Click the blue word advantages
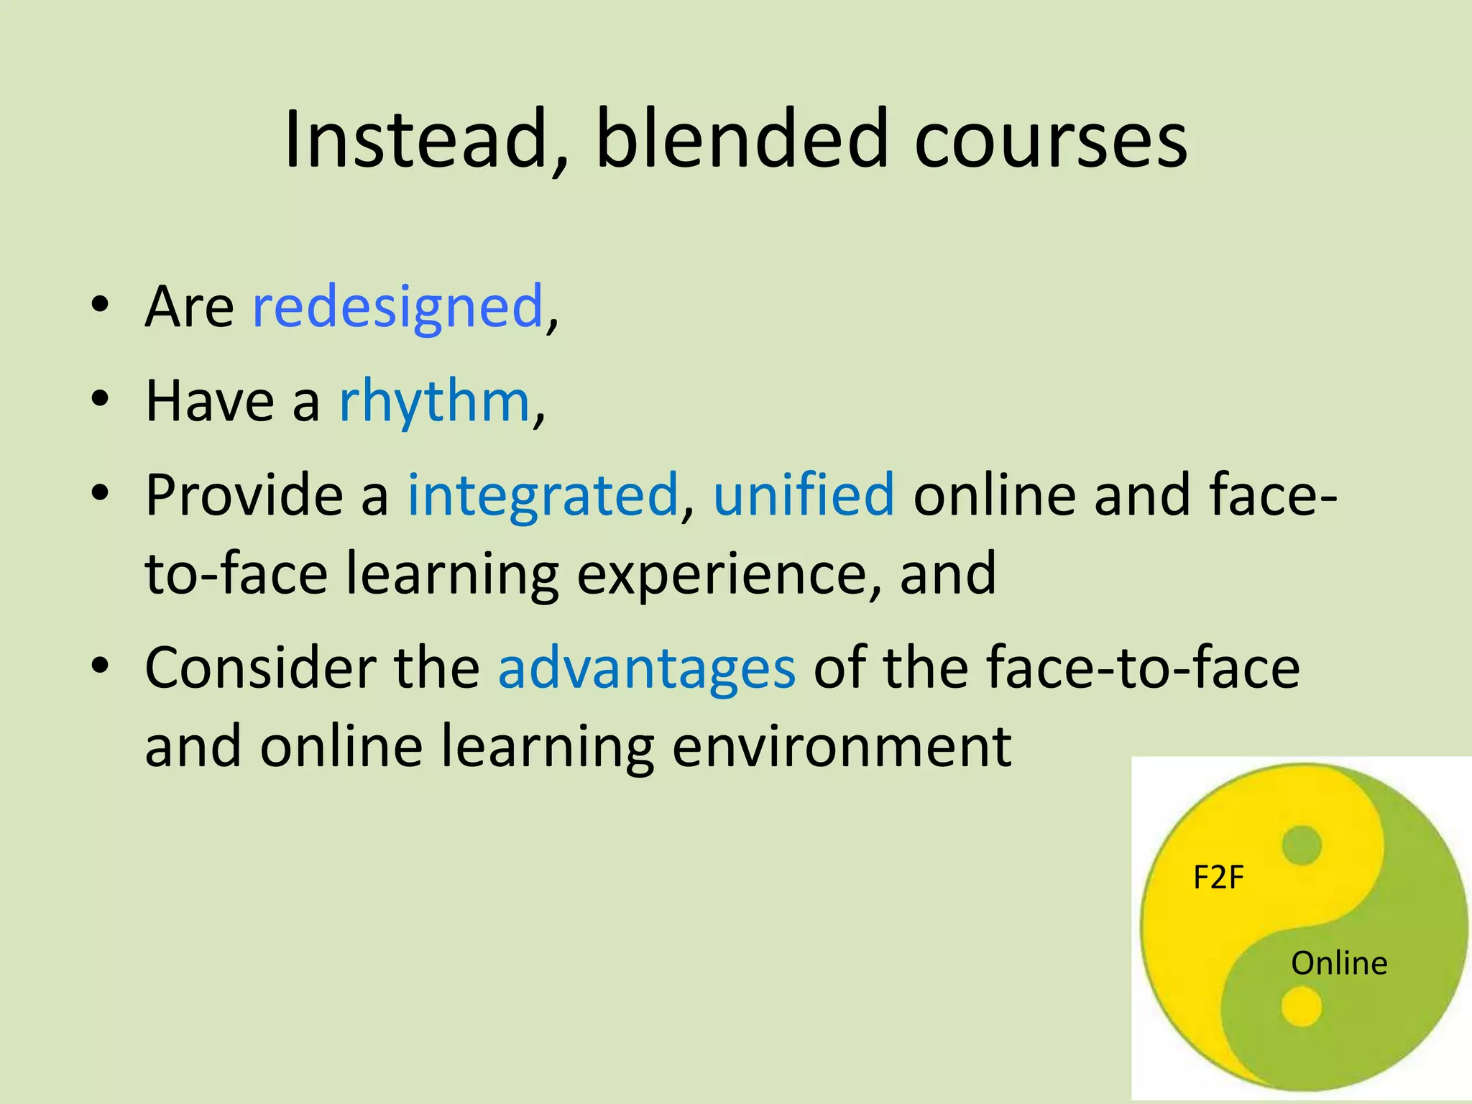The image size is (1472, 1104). pos(647,668)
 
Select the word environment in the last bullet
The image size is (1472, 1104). pos(842,747)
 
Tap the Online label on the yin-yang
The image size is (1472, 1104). pos(1339,964)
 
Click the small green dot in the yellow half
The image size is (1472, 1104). pos(1301,845)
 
